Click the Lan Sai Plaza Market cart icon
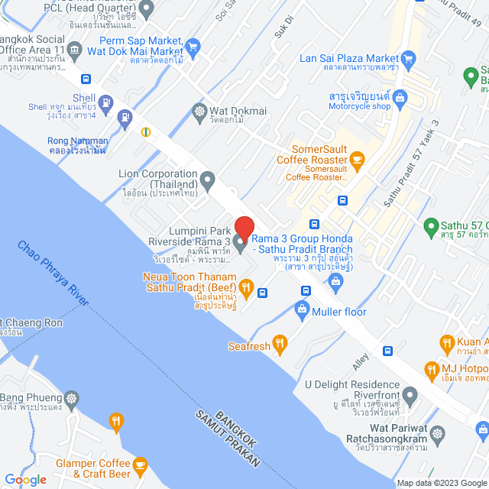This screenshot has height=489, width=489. point(408,58)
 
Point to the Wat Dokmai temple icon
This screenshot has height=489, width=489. point(199,112)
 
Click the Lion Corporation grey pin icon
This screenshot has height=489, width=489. point(208,180)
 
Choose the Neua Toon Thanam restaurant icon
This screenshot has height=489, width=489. point(246,289)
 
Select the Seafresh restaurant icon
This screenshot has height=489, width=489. point(280,345)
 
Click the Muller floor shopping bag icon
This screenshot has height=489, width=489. point(302,309)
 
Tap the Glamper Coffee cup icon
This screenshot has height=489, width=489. point(140,465)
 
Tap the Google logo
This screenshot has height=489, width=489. point(25,479)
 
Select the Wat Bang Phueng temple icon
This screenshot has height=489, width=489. point(71,398)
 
